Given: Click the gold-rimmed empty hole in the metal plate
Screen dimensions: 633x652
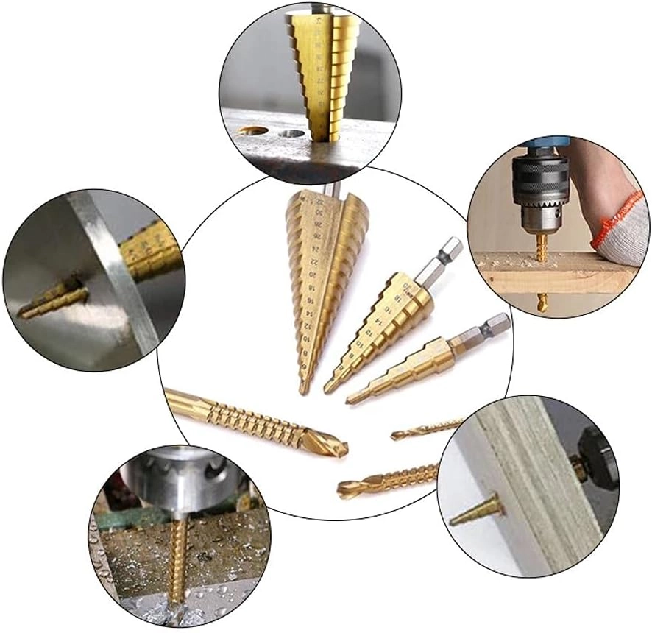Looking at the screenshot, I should coord(253,130).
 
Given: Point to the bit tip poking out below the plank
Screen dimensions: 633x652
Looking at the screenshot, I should coord(542,301).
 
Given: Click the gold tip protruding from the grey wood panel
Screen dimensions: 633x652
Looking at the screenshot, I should coord(475,511).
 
